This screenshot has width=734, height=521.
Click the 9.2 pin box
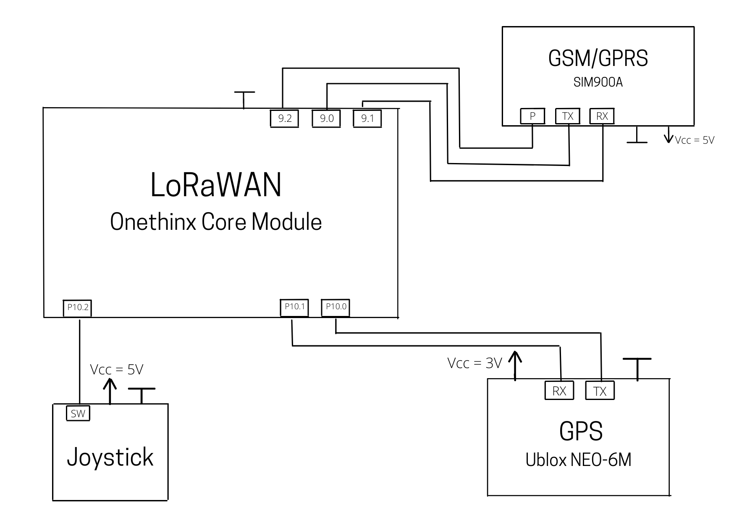[284, 118]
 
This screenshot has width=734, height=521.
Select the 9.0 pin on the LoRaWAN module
[326, 118]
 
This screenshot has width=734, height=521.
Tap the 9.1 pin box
[367, 118]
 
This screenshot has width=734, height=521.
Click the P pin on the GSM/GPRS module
[532, 116]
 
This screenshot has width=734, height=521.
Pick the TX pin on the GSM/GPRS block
[568, 116]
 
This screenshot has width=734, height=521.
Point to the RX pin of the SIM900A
[602, 116]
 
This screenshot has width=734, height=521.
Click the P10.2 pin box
[78, 308]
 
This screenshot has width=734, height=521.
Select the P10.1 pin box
[294, 307]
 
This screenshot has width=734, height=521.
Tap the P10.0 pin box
[336, 307]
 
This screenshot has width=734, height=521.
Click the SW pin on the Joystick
[78, 413]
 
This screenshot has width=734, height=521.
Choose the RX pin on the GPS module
[559, 391]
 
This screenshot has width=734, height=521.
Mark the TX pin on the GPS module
[600, 391]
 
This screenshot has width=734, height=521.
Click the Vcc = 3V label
[474, 363]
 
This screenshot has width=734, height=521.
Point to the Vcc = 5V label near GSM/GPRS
[695, 140]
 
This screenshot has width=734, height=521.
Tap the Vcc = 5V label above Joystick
[117, 369]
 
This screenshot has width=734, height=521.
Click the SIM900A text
[598, 82]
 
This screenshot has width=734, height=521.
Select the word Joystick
[110, 458]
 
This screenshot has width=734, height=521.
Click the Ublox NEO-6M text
[578, 460]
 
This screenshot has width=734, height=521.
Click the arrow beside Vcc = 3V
[515, 365]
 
